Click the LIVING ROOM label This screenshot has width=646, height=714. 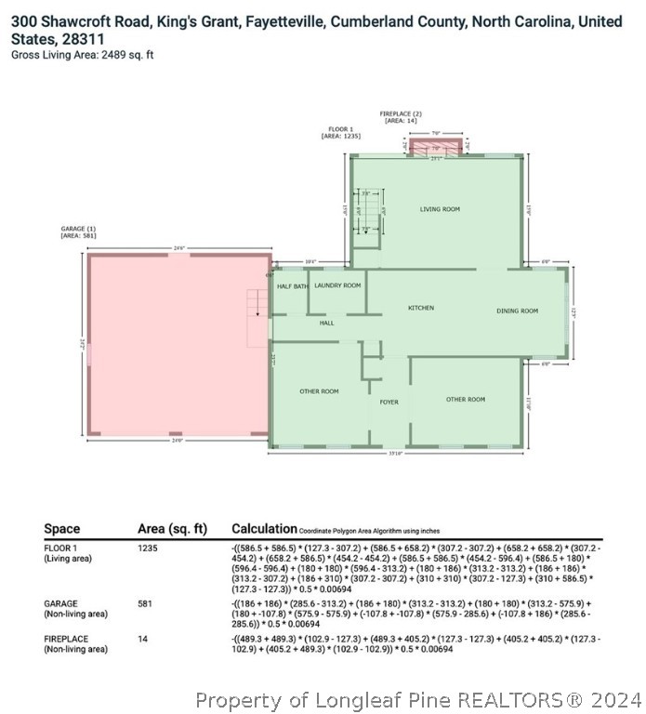tap(439, 209)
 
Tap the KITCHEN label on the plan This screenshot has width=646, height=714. tap(421, 308)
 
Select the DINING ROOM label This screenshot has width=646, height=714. tap(517, 311)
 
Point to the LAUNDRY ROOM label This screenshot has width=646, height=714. tap(336, 285)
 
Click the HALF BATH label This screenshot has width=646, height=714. tap(292, 286)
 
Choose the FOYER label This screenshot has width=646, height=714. tap(389, 402)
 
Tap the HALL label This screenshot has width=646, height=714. tap(326, 323)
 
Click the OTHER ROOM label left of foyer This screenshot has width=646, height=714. tap(319, 391)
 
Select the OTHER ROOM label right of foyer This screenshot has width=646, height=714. tap(465, 399)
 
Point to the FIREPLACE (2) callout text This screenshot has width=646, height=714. tap(401, 116)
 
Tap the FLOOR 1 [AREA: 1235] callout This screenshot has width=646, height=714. tap(340, 132)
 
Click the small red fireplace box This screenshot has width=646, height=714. tap(435, 147)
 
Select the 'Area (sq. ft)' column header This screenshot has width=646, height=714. tap(171, 529)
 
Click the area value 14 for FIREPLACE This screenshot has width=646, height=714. tap(143, 639)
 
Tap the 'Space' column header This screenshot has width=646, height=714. tap(61, 529)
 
